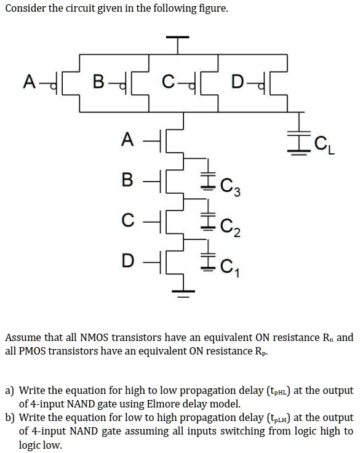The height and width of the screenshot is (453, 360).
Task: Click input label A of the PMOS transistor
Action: (x=28, y=81)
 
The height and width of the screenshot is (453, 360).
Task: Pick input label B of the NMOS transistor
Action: (x=127, y=181)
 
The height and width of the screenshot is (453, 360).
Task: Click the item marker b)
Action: (x=10, y=418)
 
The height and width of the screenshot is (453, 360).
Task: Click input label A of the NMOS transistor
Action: (x=127, y=140)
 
